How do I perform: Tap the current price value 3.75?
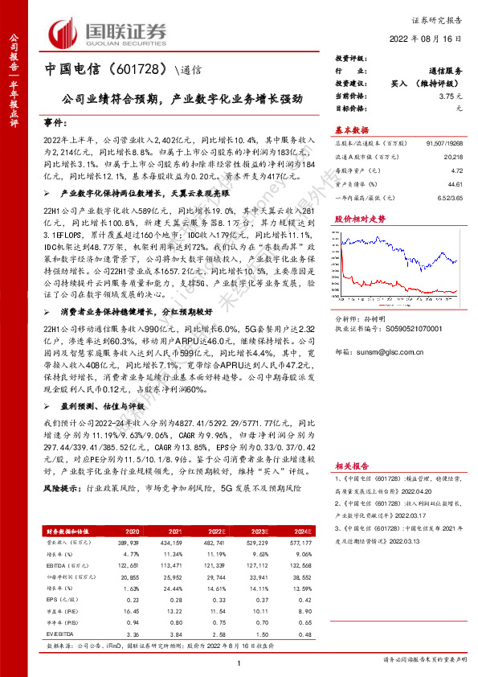[455, 96]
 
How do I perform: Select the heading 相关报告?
[351, 465]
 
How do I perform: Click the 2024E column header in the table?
[301, 531]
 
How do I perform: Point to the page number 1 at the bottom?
[239, 663]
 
